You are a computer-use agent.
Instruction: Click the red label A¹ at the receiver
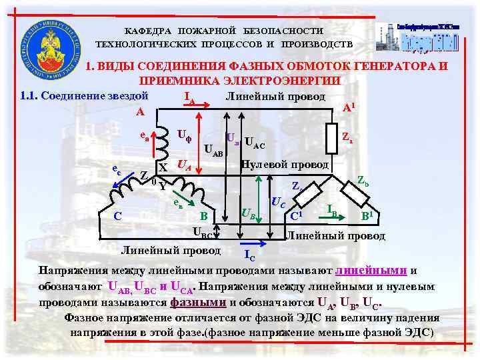click(x=348, y=107)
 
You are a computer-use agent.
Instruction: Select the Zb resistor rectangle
click(x=353, y=194)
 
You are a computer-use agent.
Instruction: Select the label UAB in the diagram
click(x=213, y=150)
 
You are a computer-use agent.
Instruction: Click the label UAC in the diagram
click(x=255, y=142)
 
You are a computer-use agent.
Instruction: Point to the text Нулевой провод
click(x=285, y=164)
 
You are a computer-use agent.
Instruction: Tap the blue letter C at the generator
click(x=117, y=215)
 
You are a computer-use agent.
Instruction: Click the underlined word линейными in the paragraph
click(x=371, y=271)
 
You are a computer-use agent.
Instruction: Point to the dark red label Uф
click(x=187, y=134)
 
